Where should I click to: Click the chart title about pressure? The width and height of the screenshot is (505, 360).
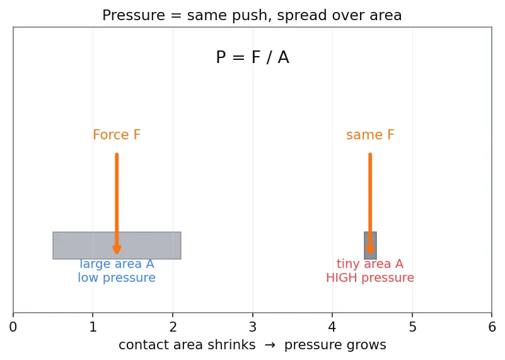tap(252, 15)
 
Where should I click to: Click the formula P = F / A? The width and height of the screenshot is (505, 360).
tap(252, 57)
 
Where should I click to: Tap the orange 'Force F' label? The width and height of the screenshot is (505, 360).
tap(117, 134)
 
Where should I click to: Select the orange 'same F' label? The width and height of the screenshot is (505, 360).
tap(370, 134)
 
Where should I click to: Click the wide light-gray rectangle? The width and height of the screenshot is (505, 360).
tap(117, 245)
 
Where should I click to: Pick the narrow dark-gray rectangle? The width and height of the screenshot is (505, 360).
tap(370, 245)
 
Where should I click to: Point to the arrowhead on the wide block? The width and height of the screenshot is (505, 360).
tap(117, 250)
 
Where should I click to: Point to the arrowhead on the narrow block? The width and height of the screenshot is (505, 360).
tap(370, 250)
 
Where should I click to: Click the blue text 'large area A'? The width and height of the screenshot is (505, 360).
tap(117, 264)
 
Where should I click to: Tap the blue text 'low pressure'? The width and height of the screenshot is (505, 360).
tap(117, 277)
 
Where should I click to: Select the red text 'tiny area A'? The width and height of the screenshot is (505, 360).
tap(370, 264)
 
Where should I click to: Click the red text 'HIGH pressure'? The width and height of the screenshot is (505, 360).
tap(370, 277)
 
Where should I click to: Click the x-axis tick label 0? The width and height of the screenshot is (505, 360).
tap(13, 327)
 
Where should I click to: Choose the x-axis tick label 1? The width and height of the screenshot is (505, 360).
tap(93, 327)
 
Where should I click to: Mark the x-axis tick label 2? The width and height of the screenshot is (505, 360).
tap(173, 327)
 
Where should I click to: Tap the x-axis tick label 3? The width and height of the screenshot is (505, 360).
tap(253, 327)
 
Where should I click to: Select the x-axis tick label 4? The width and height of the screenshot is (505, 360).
tap(332, 327)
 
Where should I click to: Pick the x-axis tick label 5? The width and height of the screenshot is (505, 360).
tap(412, 327)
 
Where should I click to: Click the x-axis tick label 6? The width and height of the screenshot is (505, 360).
tap(492, 327)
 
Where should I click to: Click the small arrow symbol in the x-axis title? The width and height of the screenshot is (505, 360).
tap(270, 345)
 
